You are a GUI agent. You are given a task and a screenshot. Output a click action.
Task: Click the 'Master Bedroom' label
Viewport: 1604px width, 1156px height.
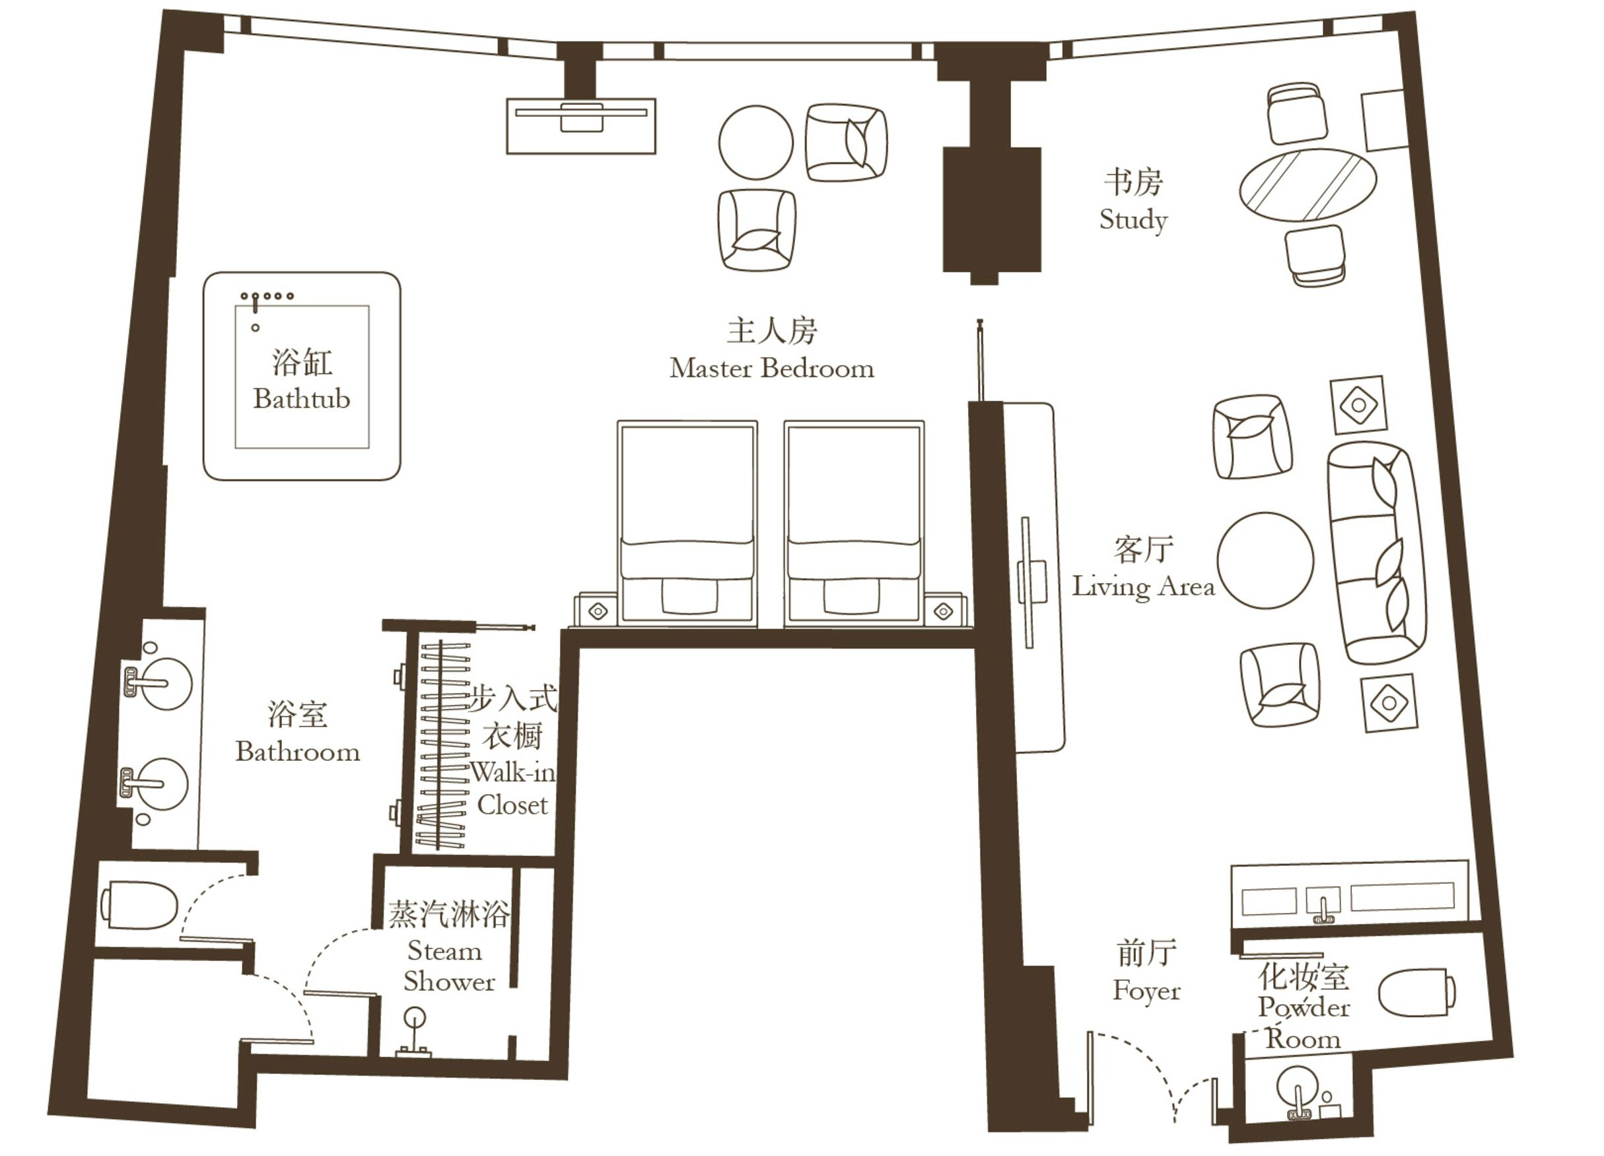click(771, 369)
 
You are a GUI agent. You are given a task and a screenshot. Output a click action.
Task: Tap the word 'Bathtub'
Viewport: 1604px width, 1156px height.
click(302, 399)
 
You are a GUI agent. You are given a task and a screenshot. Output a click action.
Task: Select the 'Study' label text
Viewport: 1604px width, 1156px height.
click(1133, 219)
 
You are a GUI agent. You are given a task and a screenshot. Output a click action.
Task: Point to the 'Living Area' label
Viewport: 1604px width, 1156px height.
click(1143, 587)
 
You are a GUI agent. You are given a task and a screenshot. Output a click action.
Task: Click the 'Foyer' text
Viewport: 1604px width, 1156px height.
click(1146, 990)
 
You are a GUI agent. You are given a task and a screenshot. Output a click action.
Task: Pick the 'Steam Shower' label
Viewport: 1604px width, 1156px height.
click(448, 966)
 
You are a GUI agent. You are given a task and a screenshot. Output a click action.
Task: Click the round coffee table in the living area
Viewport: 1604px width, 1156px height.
click(1265, 560)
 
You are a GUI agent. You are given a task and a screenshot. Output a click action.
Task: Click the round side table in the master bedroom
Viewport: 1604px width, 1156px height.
click(755, 142)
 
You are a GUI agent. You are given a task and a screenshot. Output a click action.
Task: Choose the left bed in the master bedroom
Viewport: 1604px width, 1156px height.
click(687, 524)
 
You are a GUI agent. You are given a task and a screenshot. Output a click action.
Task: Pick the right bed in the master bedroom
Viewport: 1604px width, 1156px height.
click(854, 524)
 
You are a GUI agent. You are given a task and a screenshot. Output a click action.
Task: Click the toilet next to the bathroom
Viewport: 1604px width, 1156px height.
click(140, 905)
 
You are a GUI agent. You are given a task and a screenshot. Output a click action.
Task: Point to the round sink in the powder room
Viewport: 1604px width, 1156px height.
click(1298, 1087)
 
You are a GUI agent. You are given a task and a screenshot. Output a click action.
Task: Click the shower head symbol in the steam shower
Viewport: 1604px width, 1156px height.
click(415, 1019)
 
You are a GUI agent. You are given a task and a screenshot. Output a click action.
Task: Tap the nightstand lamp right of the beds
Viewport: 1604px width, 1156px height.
click(944, 611)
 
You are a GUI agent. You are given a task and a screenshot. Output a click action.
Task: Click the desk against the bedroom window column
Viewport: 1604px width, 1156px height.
click(580, 126)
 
